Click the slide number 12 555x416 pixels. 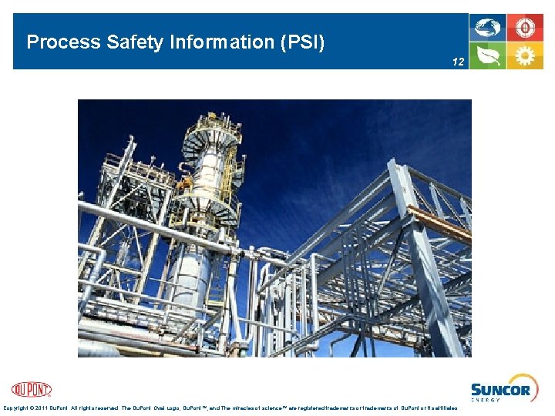(x=459, y=61)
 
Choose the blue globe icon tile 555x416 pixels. (x=488, y=28)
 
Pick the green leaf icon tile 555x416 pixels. (x=488, y=55)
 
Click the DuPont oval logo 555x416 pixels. (x=32, y=390)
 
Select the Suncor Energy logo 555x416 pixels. (x=500, y=391)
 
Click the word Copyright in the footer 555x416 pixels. (x=18, y=408)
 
